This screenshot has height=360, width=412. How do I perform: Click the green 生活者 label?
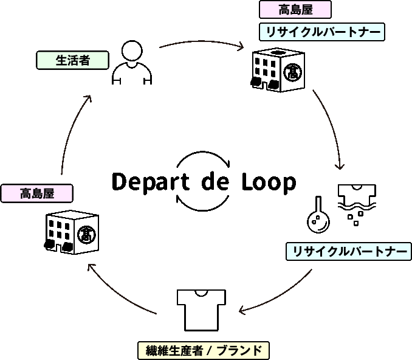[72, 60]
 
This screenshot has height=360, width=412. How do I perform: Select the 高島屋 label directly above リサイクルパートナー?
[295, 10]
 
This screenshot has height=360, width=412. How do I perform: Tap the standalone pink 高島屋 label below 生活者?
[37, 193]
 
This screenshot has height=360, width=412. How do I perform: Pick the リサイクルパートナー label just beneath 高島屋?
[322, 32]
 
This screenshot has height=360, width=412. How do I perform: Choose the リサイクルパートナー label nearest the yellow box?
[349, 251]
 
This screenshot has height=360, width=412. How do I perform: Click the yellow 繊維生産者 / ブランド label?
[204, 350]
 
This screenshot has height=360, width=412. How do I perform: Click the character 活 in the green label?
[72, 60]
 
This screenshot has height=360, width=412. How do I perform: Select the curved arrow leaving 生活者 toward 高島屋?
[201, 42]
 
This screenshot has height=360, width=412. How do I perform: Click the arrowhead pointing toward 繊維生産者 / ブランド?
[242, 311]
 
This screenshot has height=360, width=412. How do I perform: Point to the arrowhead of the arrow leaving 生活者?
[241, 47]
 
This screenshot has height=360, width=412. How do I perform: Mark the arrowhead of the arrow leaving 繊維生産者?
[91, 266]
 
